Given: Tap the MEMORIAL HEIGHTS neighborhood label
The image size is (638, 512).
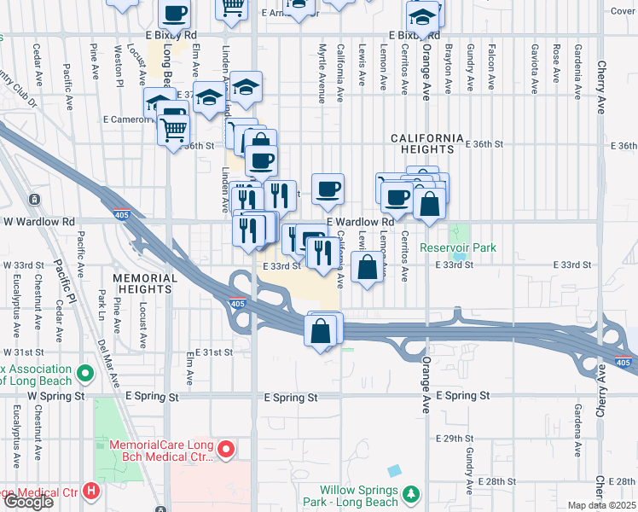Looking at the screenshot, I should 145,283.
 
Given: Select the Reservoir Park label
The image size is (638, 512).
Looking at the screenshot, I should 458,248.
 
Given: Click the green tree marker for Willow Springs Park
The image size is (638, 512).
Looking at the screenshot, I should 412,494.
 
